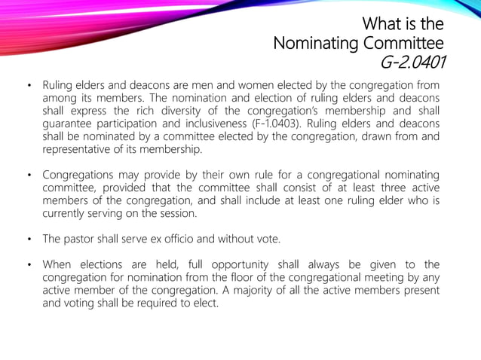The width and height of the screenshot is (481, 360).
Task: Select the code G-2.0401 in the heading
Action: click(414, 62)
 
